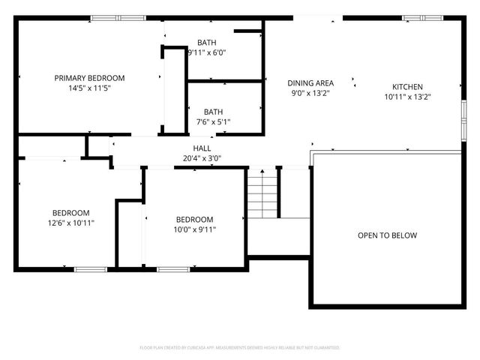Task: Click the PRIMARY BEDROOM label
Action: click(x=89, y=78)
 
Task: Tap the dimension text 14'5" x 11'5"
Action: click(x=89, y=88)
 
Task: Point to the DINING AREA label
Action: click(x=310, y=82)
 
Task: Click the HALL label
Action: click(x=202, y=148)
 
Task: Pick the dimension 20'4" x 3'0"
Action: click(x=202, y=158)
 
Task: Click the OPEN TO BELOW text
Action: click(x=387, y=235)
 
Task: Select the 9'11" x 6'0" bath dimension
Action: click(x=207, y=52)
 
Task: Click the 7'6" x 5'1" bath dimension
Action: click(x=213, y=121)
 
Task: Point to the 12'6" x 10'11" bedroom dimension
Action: click(x=70, y=223)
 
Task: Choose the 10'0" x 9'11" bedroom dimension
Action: click(x=195, y=229)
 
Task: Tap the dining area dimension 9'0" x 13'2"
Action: click(x=310, y=92)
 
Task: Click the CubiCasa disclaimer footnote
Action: click(x=240, y=348)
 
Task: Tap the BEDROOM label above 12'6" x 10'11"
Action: click(x=70, y=212)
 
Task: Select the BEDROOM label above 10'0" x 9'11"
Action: click(x=195, y=219)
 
